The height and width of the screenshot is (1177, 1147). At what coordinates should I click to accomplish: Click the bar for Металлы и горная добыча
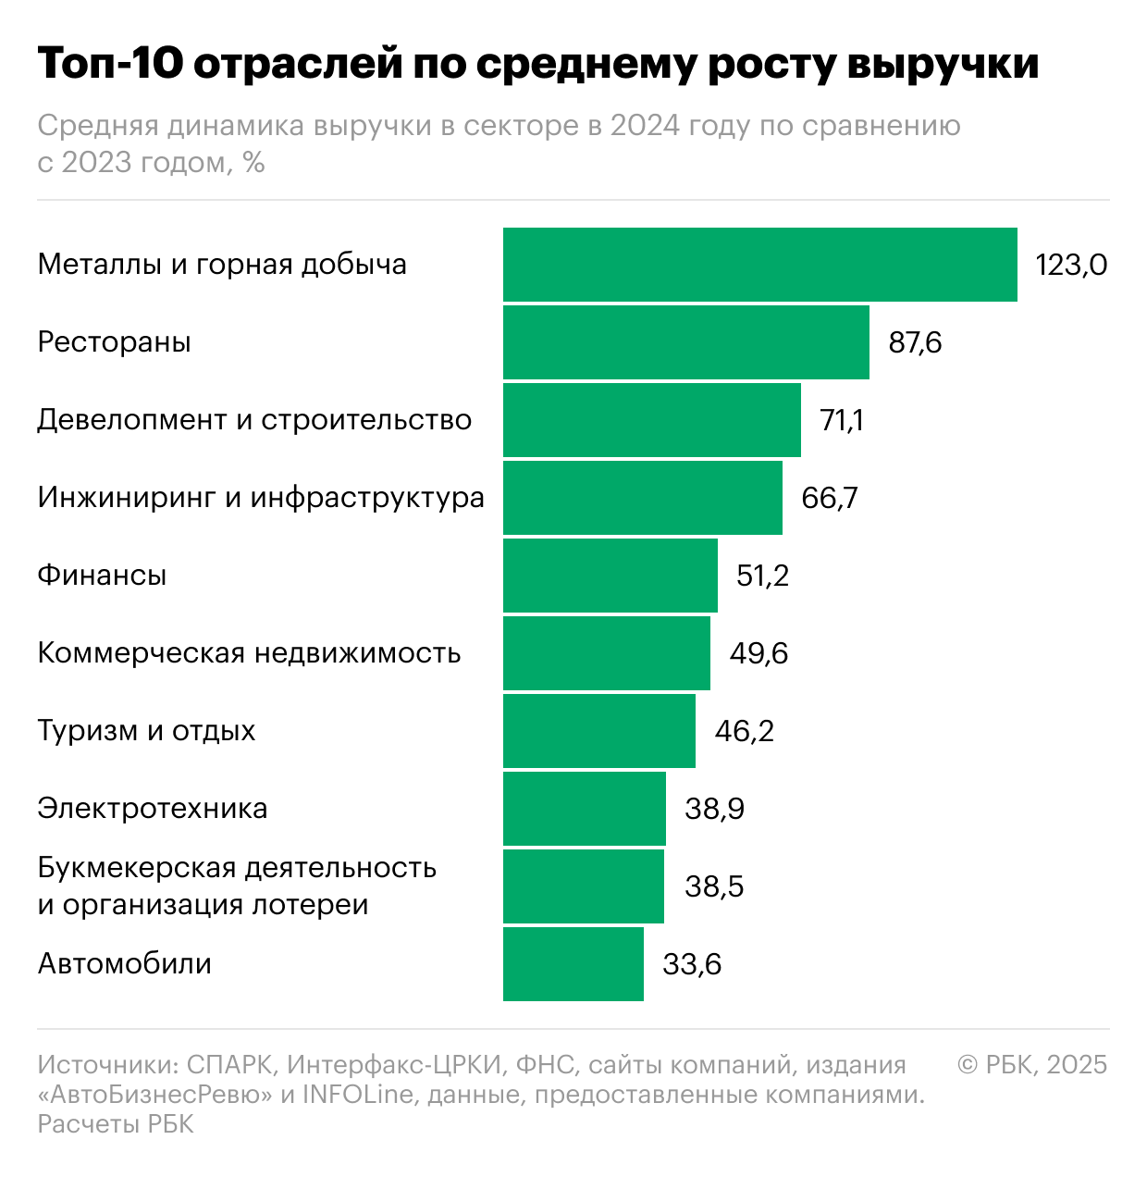pos(759,265)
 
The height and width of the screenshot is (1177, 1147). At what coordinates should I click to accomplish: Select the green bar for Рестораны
pos(685,342)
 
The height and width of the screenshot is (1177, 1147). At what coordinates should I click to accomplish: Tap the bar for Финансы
pos(610,576)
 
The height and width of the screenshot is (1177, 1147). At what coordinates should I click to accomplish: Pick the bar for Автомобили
pos(573,964)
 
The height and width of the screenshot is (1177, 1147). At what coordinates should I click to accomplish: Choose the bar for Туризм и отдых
pos(598,731)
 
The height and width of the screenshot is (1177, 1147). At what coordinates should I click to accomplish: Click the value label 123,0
pos(1071,266)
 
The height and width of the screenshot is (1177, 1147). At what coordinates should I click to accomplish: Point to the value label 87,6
pos(915,343)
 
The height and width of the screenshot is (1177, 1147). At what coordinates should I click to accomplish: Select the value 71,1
pos(842,421)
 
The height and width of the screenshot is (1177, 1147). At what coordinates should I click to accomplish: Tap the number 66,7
pos(830,499)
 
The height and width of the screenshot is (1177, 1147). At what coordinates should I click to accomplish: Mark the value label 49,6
pos(758,654)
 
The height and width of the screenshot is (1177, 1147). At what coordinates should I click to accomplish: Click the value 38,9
pos(714,810)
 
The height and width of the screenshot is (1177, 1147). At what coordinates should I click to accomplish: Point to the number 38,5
pos(714,887)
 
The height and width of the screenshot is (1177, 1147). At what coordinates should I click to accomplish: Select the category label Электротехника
pos(153,809)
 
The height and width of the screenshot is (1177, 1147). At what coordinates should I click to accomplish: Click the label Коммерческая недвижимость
pos(249,653)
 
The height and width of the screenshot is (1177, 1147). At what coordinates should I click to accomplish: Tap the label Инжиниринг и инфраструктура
pos(261,498)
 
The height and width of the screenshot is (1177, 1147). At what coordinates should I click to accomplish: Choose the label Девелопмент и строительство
pos(254,420)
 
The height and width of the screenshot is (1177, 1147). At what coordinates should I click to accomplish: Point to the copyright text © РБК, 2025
pos(1032,1065)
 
